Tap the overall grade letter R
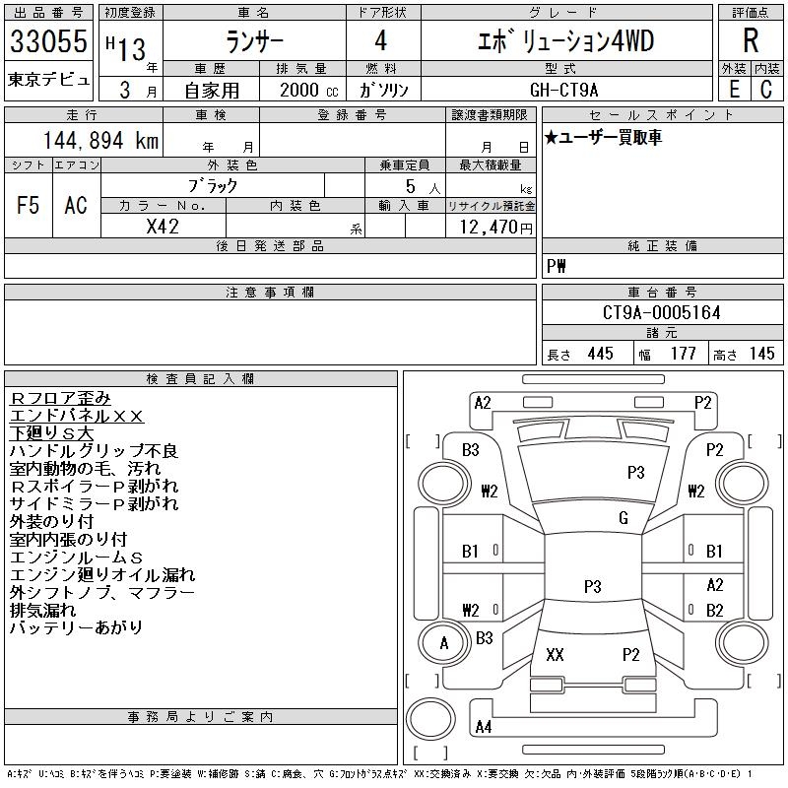point(750,41)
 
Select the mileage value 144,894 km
point(100,141)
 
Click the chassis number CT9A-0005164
point(661,313)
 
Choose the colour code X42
point(163,226)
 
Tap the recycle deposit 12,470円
point(491,227)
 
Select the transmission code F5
point(28,205)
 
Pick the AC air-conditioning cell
point(76,205)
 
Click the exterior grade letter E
point(734,89)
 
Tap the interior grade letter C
point(765,89)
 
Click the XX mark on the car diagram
point(555,655)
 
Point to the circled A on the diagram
point(444,644)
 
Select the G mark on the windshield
point(624,518)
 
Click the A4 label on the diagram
point(483,727)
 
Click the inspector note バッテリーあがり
point(76,627)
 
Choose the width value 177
point(683,354)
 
